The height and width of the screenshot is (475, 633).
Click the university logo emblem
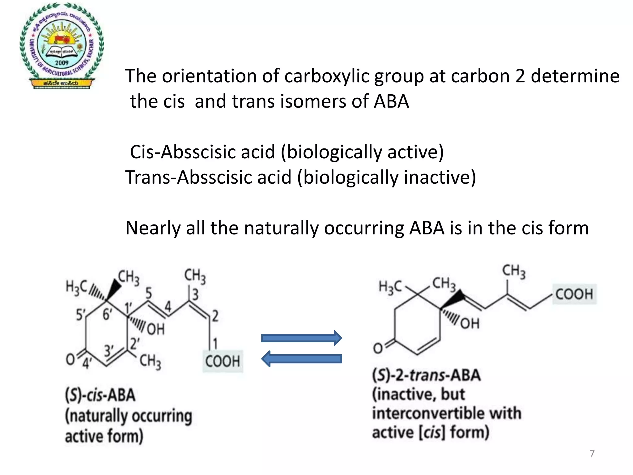point(62,46)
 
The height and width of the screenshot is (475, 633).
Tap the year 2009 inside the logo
point(62,63)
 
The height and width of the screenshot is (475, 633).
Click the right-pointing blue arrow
point(302,338)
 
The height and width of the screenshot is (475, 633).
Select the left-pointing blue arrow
point(302,359)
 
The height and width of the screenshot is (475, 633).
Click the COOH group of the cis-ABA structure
point(223,361)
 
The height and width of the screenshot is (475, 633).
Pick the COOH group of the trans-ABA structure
point(574,294)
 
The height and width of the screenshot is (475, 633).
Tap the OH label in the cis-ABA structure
point(155,329)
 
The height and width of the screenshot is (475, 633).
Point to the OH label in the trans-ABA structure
point(470,323)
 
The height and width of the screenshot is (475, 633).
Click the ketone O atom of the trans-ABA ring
point(378,349)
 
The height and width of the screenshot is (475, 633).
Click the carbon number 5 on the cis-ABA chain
point(149,293)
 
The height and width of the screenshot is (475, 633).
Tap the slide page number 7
point(592,453)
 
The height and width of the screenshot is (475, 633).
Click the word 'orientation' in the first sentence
point(209,76)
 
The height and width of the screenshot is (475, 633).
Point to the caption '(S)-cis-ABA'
point(100,395)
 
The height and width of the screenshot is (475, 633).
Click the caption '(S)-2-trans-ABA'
point(426,375)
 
